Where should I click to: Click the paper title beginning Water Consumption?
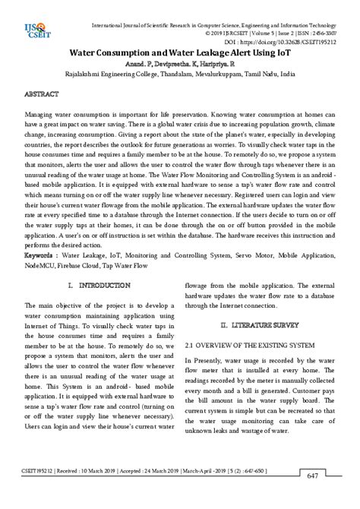point(179,55)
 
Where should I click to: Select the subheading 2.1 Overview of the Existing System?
point(250,345)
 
